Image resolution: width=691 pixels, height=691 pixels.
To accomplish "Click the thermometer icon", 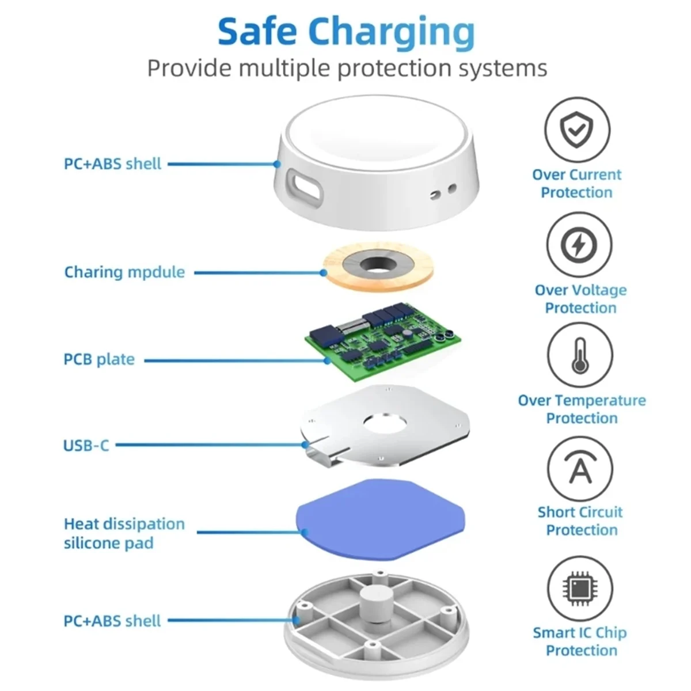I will (x=579, y=355).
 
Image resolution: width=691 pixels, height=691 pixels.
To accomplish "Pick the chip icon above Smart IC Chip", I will (x=579, y=588).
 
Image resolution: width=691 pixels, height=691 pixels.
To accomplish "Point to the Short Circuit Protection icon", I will (x=580, y=469).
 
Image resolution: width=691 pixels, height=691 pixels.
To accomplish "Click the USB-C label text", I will (x=86, y=445).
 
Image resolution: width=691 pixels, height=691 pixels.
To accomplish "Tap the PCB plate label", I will (x=99, y=359).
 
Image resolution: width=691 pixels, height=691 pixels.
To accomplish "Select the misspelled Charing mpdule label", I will (x=124, y=272).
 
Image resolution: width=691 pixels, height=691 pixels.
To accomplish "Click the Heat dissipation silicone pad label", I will (x=124, y=533).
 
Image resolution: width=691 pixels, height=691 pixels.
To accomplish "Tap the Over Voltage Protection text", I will (x=580, y=299).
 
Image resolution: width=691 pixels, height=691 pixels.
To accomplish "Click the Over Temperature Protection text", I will (x=582, y=409).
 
